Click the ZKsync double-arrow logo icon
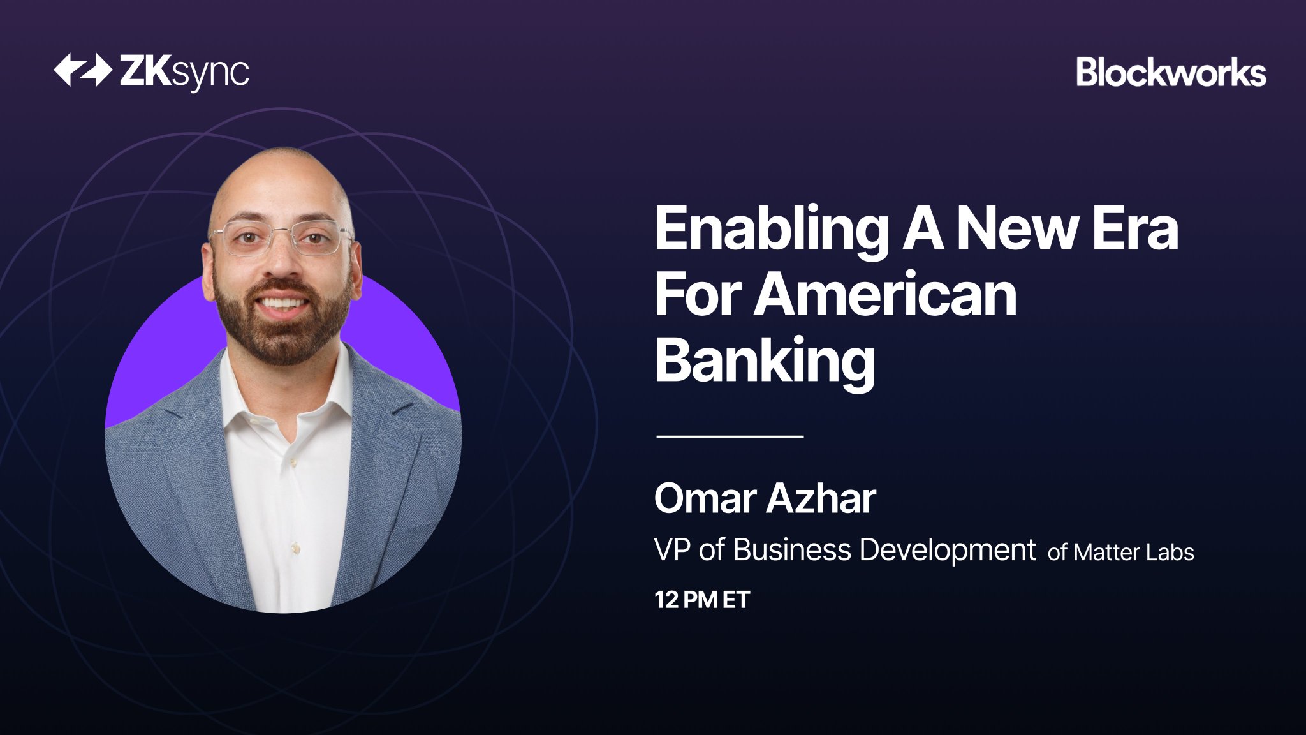pyautogui.click(x=83, y=70)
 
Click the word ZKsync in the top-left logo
pyautogui.click(x=184, y=72)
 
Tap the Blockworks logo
pyautogui.click(x=1171, y=72)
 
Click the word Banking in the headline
pyautogui.click(x=765, y=362)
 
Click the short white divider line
pyautogui.click(x=730, y=436)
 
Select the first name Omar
pyautogui.click(x=705, y=498)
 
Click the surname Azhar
pyautogui.click(x=821, y=498)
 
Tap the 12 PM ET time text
pyautogui.click(x=703, y=600)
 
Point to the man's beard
pyautogui.click(x=283, y=322)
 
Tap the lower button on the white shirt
pyautogui.click(x=295, y=547)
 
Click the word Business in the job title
pyautogui.click(x=791, y=550)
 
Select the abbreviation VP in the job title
pyautogui.click(x=673, y=550)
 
